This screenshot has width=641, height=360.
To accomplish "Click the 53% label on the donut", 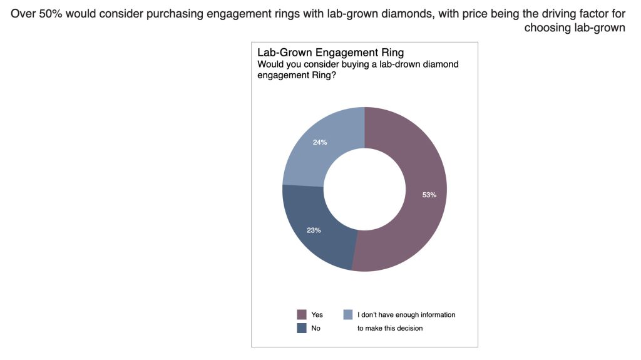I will point(429,195).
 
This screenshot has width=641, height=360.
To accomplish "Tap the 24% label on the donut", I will point(320,142).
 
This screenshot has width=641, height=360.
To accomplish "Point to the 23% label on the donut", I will point(314,230).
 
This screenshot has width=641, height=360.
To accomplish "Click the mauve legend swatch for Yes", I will point(301,314).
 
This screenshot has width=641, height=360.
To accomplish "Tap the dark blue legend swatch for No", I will point(301,327).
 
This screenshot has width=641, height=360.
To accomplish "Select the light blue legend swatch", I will point(348,314).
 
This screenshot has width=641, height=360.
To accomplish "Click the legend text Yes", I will point(317,315).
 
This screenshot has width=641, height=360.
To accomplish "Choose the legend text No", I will point(315,328).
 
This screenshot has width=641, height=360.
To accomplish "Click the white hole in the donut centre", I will point(364,189).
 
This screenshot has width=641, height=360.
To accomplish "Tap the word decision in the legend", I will point(408,328).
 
